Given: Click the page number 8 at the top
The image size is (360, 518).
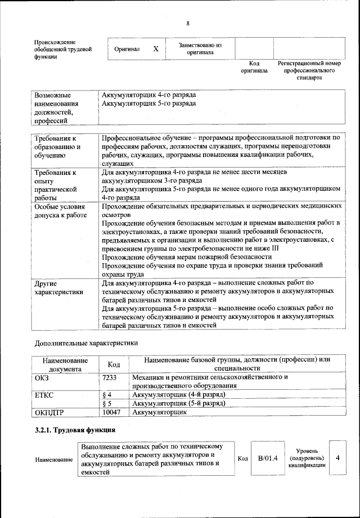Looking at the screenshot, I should coord(188,23).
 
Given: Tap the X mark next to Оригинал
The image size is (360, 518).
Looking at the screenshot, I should coord(156,49).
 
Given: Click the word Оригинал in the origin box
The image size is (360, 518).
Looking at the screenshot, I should coord(127,49).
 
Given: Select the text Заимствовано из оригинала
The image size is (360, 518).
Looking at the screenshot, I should coord(200,49).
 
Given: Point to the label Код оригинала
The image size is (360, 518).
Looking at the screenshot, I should coord(254,67).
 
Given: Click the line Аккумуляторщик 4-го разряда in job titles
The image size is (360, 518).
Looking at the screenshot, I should coord(148,94).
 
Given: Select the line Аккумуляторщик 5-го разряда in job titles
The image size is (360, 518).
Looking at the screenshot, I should coord(148,103).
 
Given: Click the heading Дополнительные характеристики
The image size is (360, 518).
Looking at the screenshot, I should coord(86,342).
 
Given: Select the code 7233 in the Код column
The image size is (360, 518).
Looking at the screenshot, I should coord(110,377).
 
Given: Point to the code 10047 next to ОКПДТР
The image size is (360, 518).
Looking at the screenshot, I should coord(112,412).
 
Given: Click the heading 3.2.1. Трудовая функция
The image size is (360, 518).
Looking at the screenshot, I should coord(75,430).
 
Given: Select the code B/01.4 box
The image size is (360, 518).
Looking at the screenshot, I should coord(268,458).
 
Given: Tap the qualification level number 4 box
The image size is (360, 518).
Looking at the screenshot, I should coord(337,458).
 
